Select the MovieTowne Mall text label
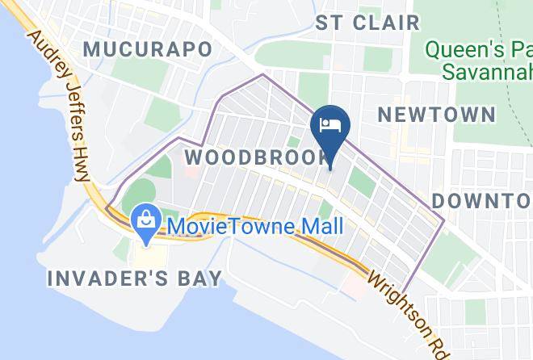click(x=252, y=226)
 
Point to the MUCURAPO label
click(x=149, y=49)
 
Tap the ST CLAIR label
click(x=367, y=22)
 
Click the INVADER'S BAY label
click(x=135, y=279)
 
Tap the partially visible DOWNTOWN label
click(x=481, y=200)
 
